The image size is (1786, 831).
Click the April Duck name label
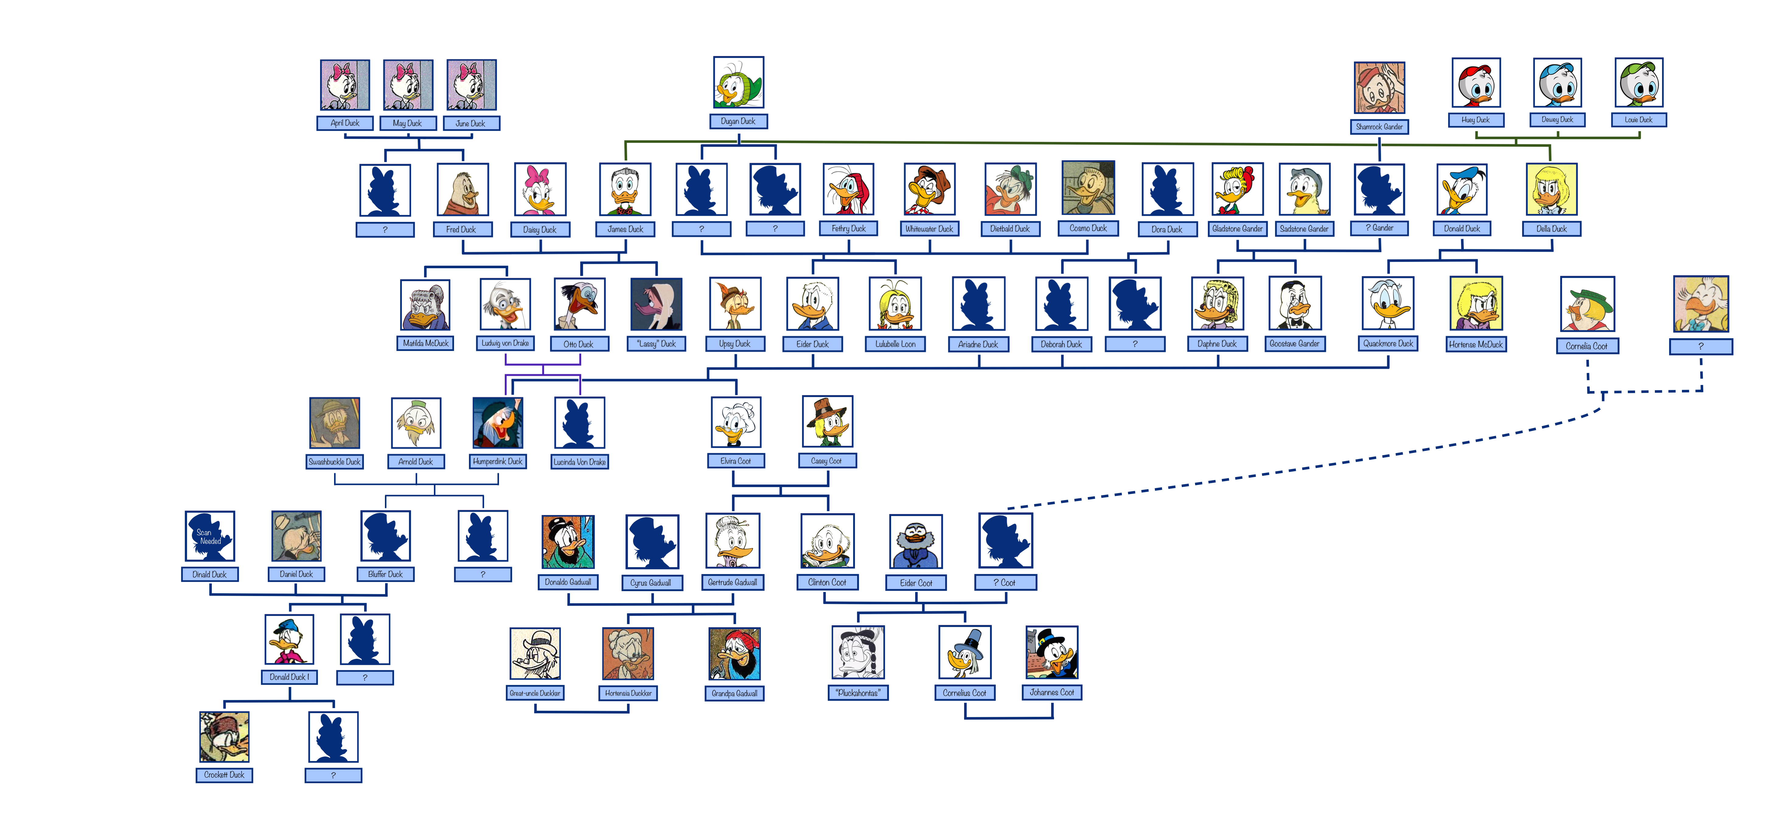(345, 123)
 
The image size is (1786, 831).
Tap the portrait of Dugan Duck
(738, 82)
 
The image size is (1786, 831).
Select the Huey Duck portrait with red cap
(1476, 83)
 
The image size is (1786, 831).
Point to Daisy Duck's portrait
(539, 189)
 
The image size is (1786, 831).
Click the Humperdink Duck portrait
(497, 423)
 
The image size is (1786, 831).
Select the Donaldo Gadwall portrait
(568, 542)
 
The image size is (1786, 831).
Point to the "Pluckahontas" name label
(858, 692)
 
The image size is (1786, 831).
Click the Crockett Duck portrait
(224, 737)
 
